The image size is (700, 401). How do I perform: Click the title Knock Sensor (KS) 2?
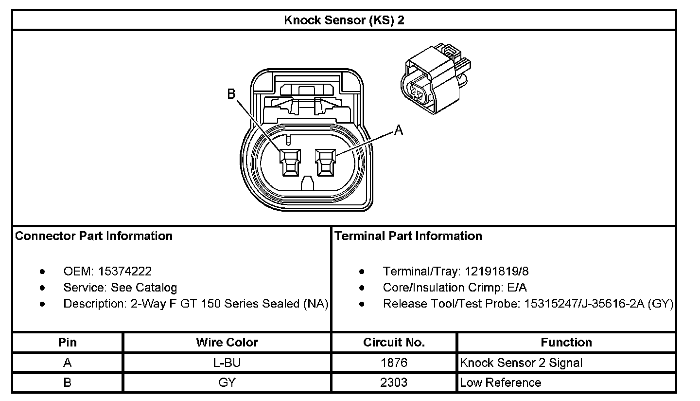click(x=344, y=20)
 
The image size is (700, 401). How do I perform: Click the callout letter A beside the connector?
click(x=398, y=130)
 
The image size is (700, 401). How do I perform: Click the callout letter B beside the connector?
click(x=232, y=94)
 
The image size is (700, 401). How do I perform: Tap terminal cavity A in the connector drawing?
click(x=324, y=162)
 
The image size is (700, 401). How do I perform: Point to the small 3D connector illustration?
click(x=436, y=78)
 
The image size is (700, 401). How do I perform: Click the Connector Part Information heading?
click(x=94, y=236)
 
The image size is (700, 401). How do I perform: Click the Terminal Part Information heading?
click(x=408, y=236)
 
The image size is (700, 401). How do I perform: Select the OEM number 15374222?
click(x=125, y=271)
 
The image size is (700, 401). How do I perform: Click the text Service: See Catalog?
click(x=120, y=288)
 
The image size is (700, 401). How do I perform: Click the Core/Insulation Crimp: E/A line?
click(x=455, y=288)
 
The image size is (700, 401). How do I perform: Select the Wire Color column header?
click(x=227, y=342)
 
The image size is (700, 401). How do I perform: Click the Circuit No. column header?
click(x=394, y=342)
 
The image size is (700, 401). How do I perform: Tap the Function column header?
click(x=566, y=342)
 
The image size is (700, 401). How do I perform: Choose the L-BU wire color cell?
click(x=227, y=363)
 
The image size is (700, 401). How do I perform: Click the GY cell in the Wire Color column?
click(x=227, y=383)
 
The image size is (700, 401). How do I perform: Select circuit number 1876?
click(x=394, y=363)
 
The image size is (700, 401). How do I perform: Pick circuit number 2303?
click(x=394, y=383)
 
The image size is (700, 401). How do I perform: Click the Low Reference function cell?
click(x=500, y=383)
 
